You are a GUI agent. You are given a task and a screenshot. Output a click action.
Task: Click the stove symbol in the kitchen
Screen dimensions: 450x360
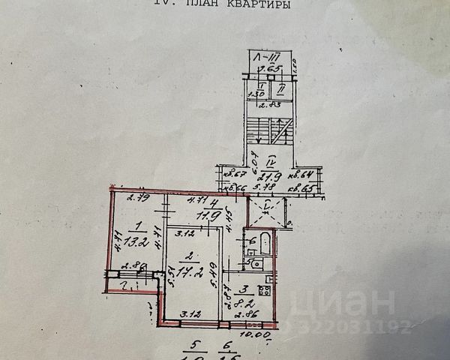tap(265, 290)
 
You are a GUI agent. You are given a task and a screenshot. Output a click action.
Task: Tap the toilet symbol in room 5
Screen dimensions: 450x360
tap(254, 263)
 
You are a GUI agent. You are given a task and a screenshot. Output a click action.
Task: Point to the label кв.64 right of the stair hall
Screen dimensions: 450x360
tap(307, 175)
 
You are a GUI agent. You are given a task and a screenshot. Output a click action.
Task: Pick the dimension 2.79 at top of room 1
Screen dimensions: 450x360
tap(136, 199)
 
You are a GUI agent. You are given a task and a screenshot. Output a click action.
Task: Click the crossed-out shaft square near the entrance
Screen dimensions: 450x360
tap(268, 210)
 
